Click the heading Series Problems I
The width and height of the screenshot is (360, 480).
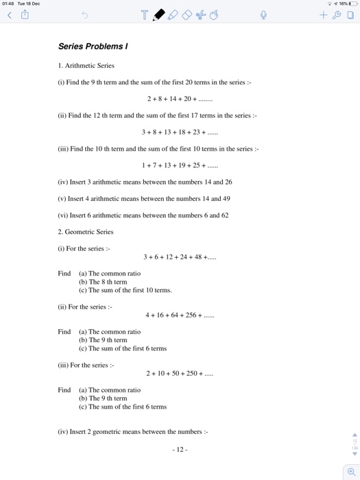(x=93, y=47)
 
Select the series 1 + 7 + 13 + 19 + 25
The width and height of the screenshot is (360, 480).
(x=179, y=165)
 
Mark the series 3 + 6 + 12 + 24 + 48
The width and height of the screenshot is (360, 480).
(x=180, y=257)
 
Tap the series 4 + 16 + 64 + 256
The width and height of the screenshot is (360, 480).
(x=180, y=315)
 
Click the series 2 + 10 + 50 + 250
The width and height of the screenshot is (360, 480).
(x=180, y=374)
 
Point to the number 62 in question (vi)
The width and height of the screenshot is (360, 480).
(x=224, y=215)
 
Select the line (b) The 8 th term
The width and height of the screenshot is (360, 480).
(x=103, y=282)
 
